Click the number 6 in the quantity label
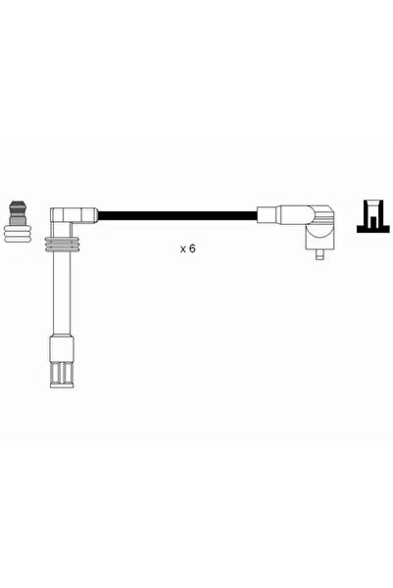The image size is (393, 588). [192, 249]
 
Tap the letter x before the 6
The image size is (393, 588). [183, 249]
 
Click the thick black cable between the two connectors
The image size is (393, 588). [177, 216]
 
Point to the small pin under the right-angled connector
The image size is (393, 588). [320, 254]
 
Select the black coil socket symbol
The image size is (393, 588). [374, 217]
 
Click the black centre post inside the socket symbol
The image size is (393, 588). [372, 222]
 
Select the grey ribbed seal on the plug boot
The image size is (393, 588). [62, 245]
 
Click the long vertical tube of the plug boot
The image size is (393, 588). [62, 294]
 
